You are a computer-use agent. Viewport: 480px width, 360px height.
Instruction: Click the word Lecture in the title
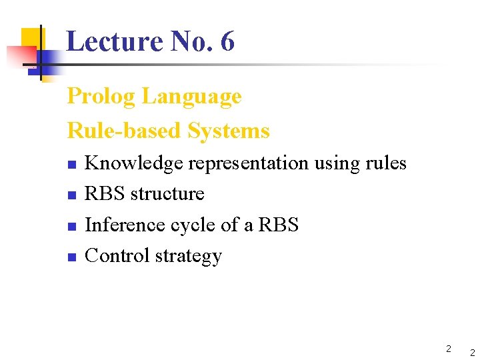(x=115, y=41)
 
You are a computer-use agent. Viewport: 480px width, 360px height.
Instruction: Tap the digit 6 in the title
(x=227, y=41)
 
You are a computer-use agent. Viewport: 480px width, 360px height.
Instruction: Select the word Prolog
(x=102, y=97)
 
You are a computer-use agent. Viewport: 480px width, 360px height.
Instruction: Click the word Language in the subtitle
(x=192, y=97)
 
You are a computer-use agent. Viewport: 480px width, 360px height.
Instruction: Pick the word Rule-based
(x=125, y=131)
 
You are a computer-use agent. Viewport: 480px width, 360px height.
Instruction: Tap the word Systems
(x=229, y=131)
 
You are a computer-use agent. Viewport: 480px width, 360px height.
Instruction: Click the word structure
(x=167, y=194)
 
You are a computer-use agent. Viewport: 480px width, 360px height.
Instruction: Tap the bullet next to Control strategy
(x=73, y=257)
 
